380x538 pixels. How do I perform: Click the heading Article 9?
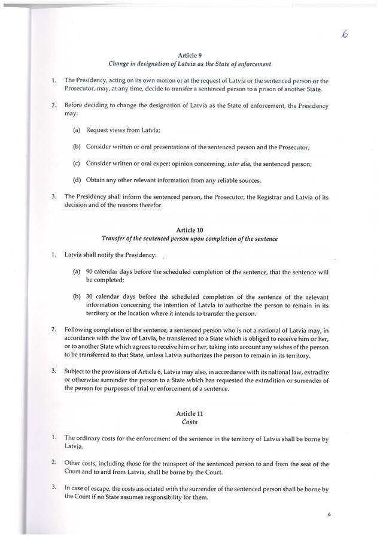click(189, 55)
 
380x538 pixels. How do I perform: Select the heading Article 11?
click(189, 414)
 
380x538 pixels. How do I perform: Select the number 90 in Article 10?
click(90, 271)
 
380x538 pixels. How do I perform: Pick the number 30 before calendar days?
click(90, 297)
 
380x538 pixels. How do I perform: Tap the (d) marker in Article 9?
click(77, 180)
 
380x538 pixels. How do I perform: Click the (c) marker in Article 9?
click(77, 163)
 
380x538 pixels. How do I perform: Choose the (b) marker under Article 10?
click(77, 297)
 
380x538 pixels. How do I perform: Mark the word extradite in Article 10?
click(315, 371)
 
